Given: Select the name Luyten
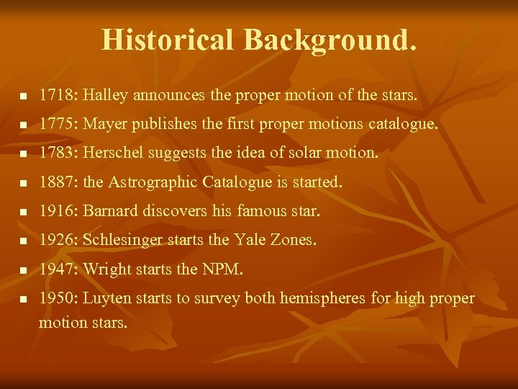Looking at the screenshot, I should [109, 298].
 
